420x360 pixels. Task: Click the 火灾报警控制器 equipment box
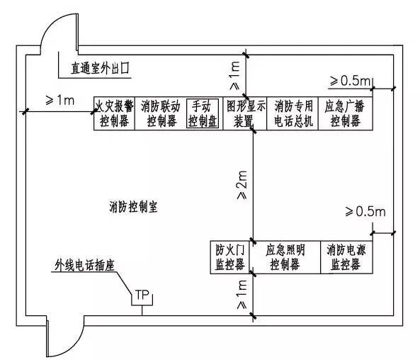tap(114, 113)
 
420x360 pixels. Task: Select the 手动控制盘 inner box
tap(203, 113)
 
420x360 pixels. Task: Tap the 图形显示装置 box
tap(245, 113)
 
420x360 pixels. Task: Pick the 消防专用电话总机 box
tap(293, 113)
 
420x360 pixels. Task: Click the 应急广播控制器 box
tap(345, 113)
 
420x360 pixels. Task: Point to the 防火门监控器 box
tap(229, 257)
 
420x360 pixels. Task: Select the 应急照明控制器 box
tap(285, 257)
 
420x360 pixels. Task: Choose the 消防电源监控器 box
tap(346, 257)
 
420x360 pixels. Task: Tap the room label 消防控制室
tap(133, 207)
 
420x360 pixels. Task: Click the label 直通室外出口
tap(100, 68)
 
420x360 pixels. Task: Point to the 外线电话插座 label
tap(85, 265)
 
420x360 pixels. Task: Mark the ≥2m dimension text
tap(242, 185)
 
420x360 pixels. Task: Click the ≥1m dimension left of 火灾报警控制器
tap(60, 101)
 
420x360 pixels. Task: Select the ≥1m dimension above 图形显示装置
tap(235, 76)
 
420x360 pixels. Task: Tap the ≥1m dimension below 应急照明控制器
tap(242, 294)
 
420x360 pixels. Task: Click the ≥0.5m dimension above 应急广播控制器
tap(350, 81)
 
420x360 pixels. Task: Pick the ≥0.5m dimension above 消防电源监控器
tap(365, 212)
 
